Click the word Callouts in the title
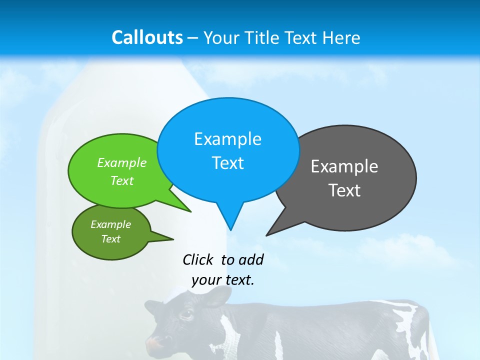(x=147, y=37)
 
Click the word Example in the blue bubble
(x=227, y=139)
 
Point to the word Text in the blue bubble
(x=227, y=163)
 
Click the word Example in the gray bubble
(x=344, y=166)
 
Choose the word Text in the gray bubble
(x=344, y=190)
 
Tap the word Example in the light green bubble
(x=122, y=163)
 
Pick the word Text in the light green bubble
(x=122, y=181)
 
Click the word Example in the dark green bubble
(x=111, y=224)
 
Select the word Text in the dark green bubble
(x=111, y=239)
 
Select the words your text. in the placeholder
(x=223, y=280)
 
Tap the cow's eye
(x=185, y=314)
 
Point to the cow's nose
(x=156, y=344)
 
